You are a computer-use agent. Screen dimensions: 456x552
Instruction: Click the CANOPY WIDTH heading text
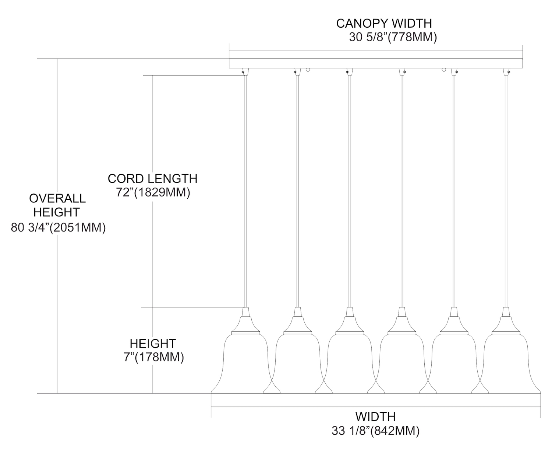[x=384, y=23]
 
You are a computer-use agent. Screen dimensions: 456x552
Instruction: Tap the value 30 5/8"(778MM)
[x=393, y=38]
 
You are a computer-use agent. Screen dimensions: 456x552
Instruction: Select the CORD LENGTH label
[x=152, y=179]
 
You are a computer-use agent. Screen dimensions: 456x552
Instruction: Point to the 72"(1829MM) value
[x=153, y=193]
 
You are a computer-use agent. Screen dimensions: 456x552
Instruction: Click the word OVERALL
[x=57, y=198]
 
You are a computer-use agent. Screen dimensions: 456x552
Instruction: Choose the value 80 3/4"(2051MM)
[x=59, y=228]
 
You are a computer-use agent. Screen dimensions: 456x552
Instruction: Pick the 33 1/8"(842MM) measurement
[x=375, y=431]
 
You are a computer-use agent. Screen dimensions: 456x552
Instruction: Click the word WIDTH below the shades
[x=375, y=417]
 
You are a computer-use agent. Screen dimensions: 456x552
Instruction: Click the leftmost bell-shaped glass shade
[x=245, y=363]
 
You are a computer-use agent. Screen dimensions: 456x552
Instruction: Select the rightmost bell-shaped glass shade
[x=506, y=363]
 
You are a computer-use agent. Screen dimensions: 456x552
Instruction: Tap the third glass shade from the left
[x=350, y=363]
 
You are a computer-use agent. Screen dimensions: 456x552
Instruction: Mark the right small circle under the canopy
[x=444, y=70]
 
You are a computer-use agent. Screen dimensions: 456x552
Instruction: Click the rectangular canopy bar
[x=376, y=63]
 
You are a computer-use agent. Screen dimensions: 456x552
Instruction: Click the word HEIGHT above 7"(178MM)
[x=153, y=344]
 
